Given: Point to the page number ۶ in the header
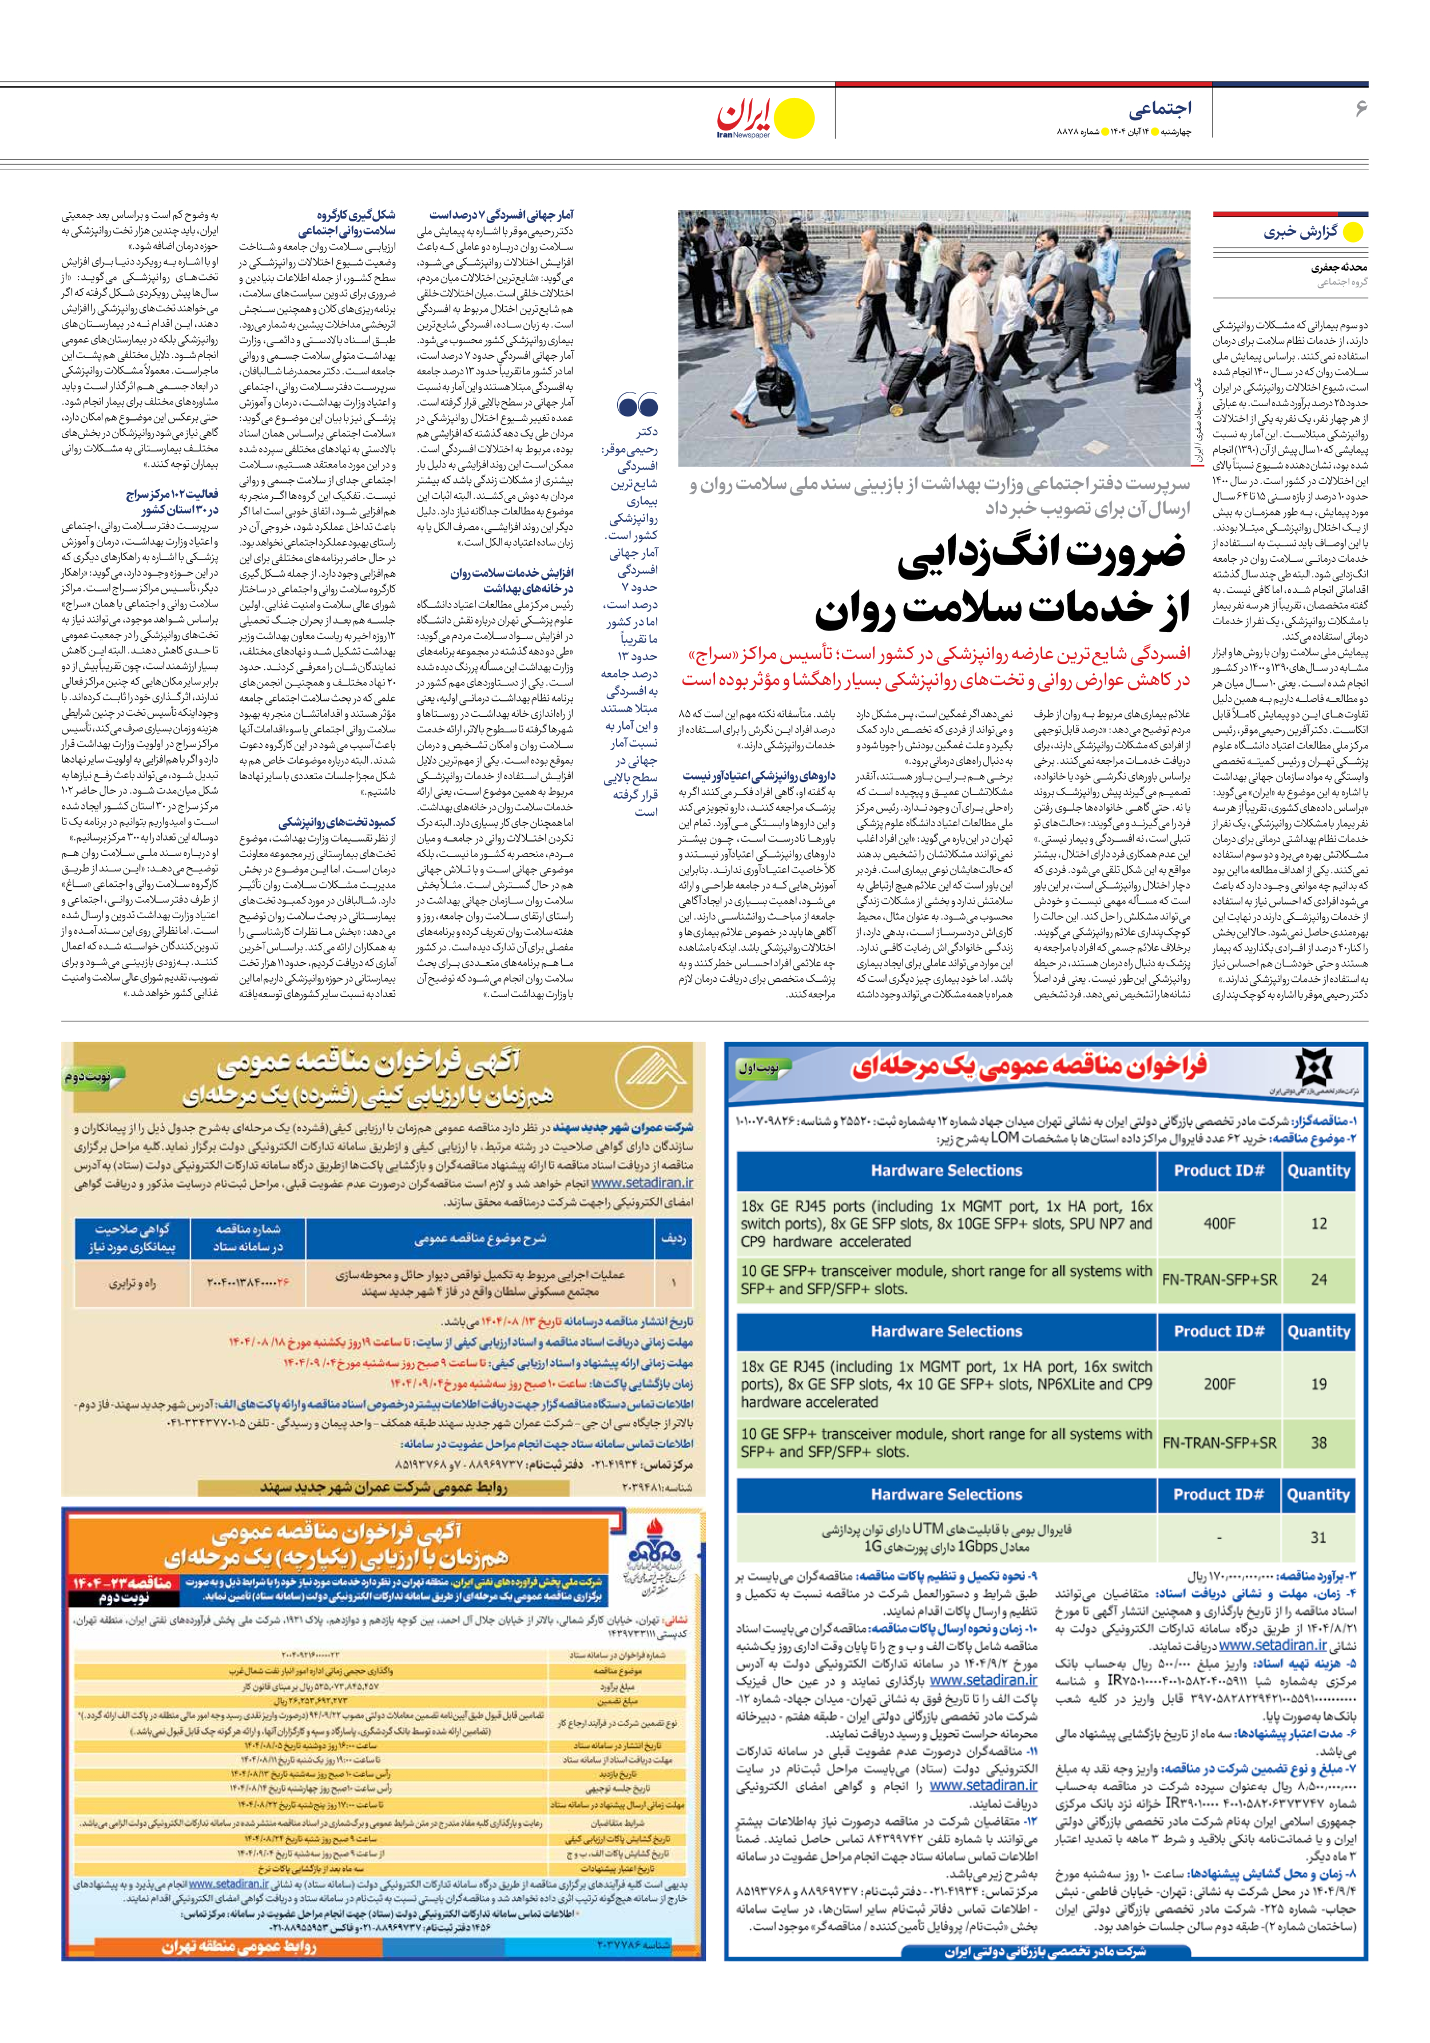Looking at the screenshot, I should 1360,109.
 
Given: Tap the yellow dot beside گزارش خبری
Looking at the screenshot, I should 1353,232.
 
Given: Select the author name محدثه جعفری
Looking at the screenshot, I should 1338,267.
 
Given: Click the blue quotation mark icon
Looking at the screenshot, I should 637,406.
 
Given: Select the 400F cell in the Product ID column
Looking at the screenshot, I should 1219,1224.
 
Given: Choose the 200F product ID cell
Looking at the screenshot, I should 1219,1384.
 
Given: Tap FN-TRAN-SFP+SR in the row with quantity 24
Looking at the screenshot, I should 1219,1280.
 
